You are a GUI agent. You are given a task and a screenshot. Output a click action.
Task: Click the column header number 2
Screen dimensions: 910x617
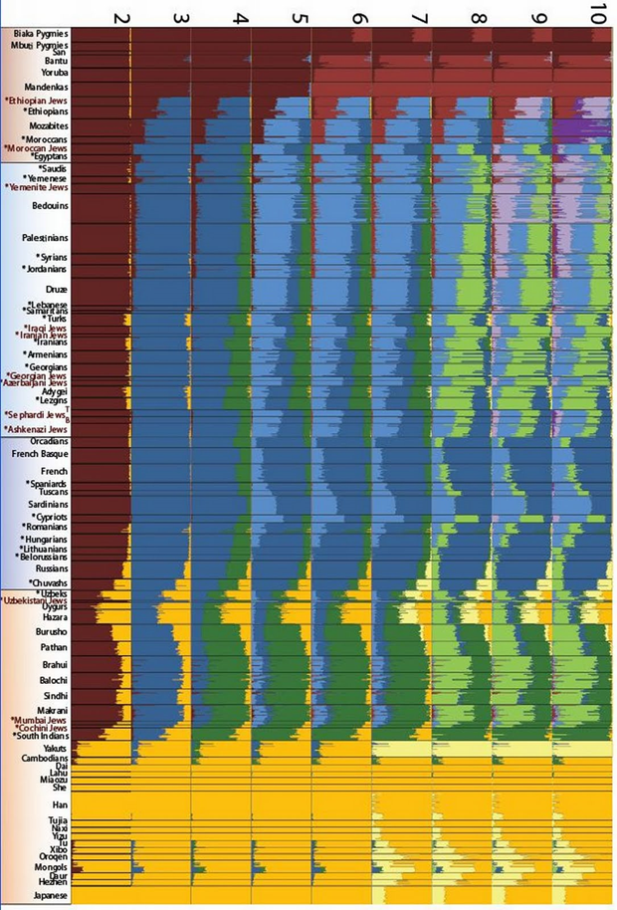121,17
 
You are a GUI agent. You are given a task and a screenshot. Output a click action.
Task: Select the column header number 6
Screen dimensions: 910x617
359,17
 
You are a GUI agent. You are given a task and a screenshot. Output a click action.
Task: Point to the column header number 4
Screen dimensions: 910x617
240,17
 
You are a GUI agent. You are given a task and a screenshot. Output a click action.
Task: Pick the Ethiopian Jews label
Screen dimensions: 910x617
37,102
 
